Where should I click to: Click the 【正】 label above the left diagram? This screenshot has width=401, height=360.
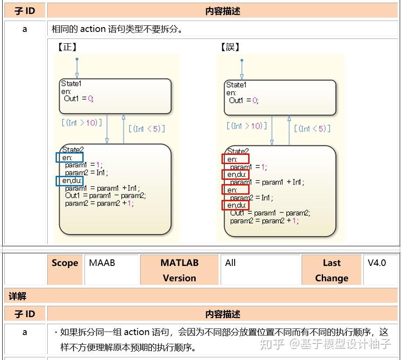67,47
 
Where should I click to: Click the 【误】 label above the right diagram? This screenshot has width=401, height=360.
230,47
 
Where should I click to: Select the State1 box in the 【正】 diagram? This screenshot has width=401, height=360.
115,96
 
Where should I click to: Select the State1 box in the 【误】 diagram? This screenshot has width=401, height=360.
280,98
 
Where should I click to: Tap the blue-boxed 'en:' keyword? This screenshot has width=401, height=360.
69,157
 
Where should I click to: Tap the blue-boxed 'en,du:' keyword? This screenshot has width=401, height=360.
69,181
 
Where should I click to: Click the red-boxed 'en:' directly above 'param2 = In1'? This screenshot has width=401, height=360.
235,190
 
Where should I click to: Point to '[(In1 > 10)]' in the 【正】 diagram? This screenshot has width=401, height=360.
81,123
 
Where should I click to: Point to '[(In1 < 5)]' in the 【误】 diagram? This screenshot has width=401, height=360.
312,129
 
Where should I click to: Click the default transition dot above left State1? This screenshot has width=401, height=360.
77,59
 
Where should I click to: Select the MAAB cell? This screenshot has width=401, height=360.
111,270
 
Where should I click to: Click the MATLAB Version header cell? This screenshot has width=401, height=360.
179,270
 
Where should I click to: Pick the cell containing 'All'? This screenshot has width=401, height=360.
260,270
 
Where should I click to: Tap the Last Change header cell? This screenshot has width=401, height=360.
331,270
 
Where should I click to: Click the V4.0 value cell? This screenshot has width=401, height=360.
380,270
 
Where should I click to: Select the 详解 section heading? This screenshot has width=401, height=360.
18,296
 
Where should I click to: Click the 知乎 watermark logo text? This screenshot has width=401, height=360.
272,344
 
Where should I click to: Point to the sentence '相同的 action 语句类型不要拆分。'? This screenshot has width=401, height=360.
117,29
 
